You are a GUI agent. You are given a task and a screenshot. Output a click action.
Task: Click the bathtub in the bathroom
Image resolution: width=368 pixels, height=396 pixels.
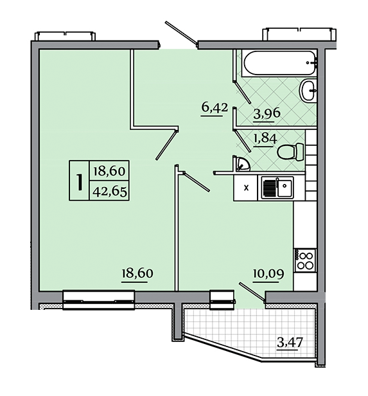point(279,63)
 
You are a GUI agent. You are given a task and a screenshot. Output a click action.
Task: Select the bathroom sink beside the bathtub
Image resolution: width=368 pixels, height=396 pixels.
point(308,90)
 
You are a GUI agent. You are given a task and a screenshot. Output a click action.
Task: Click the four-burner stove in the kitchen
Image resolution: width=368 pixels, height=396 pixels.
point(305,260)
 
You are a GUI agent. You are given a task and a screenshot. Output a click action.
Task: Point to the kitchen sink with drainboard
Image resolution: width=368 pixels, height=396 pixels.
point(277,187)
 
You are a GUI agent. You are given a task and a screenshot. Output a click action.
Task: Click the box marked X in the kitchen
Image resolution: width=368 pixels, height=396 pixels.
point(245,188)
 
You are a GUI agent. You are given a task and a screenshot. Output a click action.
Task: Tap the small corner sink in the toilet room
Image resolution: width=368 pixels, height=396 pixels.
point(242,164)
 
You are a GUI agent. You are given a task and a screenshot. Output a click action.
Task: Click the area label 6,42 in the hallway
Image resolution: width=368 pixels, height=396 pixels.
point(215,107)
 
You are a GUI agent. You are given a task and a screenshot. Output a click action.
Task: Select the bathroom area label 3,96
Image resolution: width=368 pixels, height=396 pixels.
point(267,113)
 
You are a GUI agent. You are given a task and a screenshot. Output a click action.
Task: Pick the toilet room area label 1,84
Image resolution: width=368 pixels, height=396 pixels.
point(265,138)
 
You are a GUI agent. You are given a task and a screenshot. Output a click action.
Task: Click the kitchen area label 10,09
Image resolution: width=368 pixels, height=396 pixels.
point(268,273)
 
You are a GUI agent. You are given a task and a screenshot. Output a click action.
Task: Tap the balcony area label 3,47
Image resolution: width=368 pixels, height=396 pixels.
point(290,343)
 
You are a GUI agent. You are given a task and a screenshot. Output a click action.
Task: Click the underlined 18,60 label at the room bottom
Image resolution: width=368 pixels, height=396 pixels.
point(137,273)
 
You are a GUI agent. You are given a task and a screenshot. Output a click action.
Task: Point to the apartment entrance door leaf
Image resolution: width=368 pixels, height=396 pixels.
point(181,33)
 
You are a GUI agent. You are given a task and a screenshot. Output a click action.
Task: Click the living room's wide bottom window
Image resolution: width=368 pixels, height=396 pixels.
point(98,301)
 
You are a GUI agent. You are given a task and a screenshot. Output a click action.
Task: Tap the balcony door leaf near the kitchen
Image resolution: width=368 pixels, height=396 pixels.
point(252,292)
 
